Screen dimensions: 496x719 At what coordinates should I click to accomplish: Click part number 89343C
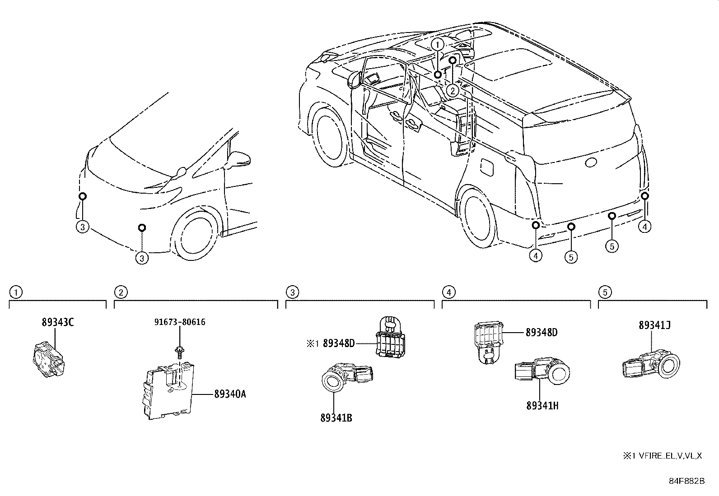pos(57,323)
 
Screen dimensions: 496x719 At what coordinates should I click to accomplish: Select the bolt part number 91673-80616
pos(180,322)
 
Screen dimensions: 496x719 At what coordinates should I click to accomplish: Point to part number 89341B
pos(336,418)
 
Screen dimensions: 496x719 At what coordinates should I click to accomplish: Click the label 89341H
pos(542,406)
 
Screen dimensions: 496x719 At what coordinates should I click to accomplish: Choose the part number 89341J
pos(654,325)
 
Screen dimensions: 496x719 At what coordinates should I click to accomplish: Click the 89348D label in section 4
pos(542,333)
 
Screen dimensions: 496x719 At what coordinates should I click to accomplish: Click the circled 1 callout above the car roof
pos(437,44)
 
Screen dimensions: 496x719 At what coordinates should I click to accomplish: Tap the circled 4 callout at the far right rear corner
pos(645,227)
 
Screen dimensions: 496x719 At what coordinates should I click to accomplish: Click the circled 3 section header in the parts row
pos(292,292)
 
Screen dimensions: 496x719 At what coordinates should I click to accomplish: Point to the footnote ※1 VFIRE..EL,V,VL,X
pos(663,456)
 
